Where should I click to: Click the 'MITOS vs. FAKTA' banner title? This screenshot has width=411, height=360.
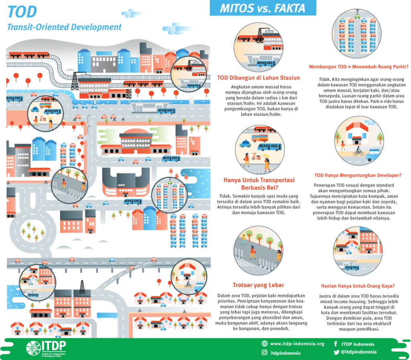[263, 8]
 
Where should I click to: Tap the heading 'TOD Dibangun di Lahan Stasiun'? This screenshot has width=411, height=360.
[258, 78]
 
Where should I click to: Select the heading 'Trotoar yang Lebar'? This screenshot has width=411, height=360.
[258, 285]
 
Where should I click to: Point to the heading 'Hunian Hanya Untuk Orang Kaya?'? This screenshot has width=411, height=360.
[358, 286]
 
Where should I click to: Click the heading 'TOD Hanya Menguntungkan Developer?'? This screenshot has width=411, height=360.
[358, 175]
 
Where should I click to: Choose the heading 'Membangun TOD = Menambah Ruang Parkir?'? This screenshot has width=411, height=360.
[358, 67]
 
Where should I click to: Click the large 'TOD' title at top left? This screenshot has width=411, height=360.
[22, 12]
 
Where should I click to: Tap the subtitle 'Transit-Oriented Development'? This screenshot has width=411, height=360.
[64, 27]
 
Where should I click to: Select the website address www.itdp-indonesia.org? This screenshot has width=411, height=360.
[297, 344]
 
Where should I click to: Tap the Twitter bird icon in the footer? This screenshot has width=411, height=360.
[336, 352]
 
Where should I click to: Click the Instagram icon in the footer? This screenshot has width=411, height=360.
[265, 353]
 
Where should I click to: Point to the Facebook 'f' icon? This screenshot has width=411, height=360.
[336, 344]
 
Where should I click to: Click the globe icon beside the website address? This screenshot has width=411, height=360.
[265, 344]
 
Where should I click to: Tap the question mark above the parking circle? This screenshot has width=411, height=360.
[357, 11]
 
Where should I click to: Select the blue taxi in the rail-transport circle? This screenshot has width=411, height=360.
[245, 144]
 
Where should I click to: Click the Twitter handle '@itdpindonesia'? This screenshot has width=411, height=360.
[359, 352]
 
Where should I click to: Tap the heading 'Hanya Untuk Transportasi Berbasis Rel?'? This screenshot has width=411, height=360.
[259, 184]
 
